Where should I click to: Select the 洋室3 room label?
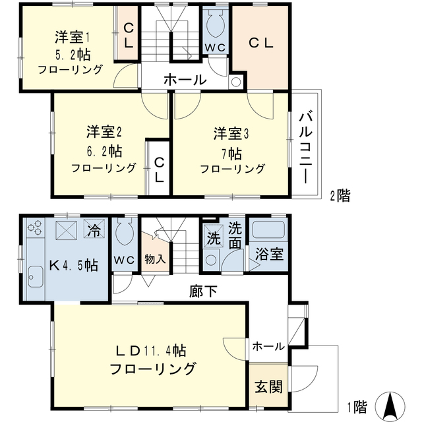(230, 134)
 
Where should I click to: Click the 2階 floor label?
(340, 195)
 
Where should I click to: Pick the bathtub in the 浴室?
(268, 231)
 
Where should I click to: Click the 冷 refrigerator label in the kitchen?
(94, 231)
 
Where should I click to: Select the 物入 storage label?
(155, 259)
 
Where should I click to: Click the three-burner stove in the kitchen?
(36, 231)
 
